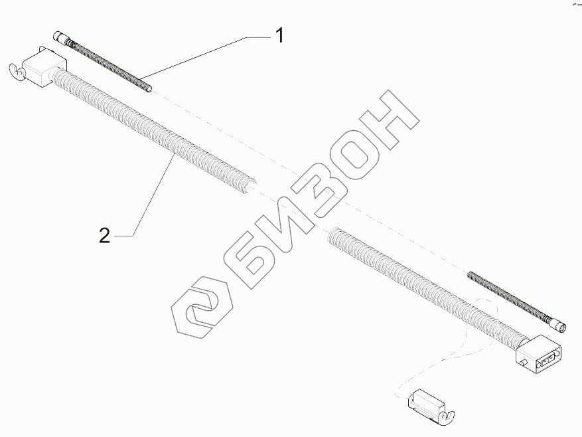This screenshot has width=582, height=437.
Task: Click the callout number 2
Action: pyautogui.click(x=104, y=234)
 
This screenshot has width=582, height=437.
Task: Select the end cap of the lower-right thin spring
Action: pyautogui.click(x=561, y=325)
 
